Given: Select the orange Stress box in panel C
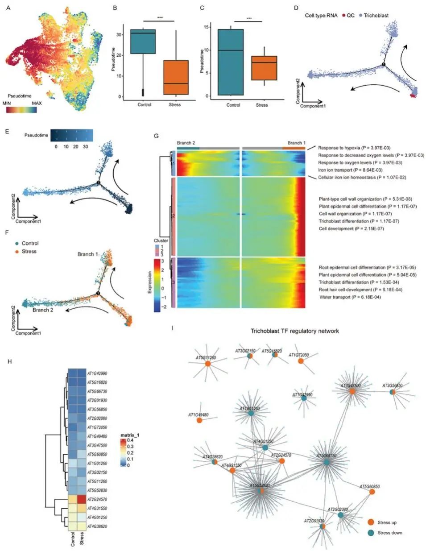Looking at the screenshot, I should click(x=264, y=68).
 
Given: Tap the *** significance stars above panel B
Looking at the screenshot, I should click(x=160, y=18).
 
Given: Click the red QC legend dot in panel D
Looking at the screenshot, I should click(x=343, y=16).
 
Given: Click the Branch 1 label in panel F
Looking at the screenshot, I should click(x=87, y=254).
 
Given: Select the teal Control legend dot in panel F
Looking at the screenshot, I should click(x=17, y=243).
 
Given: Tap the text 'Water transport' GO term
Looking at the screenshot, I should click(x=338, y=297).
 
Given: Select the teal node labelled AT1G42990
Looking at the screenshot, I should click(x=304, y=398).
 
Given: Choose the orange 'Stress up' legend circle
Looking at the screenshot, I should click(x=370, y=522).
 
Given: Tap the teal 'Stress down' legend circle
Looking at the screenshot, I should click(x=370, y=532).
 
